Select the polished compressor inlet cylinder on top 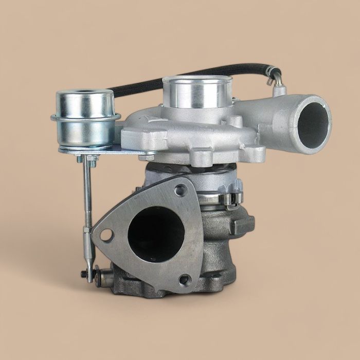tap(196, 93)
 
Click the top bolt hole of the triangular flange tap(180, 190)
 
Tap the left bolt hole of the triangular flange tap(106, 235)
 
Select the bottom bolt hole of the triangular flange tap(184, 280)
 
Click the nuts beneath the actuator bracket tap(87, 160)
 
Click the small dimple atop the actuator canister tap(84, 94)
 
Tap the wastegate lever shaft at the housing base tap(105, 278)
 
